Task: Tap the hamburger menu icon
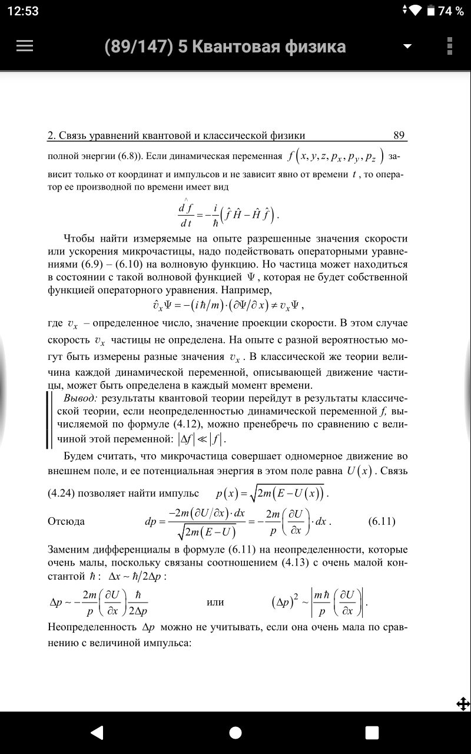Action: pos(25,47)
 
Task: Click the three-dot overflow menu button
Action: pos(450,47)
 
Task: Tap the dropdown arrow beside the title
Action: pos(407,47)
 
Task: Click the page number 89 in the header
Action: pos(399,135)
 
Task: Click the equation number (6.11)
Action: pos(382,521)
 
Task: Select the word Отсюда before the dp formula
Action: pos(66,521)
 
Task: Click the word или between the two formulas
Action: pos(215,602)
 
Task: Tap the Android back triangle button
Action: pos(97,732)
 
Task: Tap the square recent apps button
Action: pos(372,732)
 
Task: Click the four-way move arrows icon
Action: pos(462,703)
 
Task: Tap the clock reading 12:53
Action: pos(23,11)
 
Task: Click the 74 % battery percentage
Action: pos(451,11)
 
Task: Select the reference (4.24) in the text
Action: pos(64,492)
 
